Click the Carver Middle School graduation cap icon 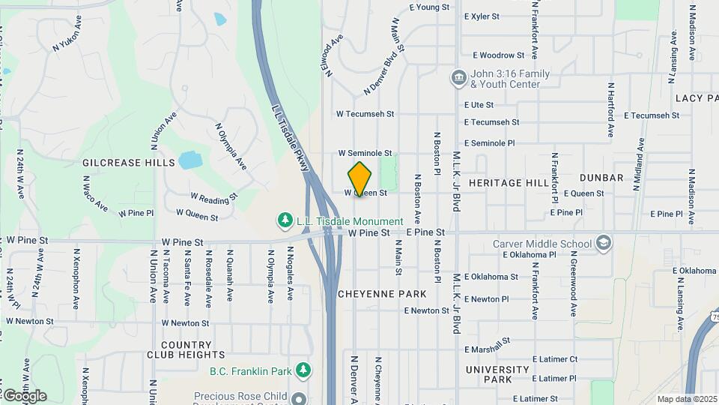tap(604, 244)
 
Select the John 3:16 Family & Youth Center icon tap(458, 78)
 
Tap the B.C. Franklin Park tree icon tap(303, 370)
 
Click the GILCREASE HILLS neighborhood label tap(128, 163)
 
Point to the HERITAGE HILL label tap(509, 183)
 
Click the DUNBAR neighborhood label tap(601, 178)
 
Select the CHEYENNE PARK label tap(382, 294)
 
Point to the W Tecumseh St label tap(365, 114)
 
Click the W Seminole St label tap(365, 153)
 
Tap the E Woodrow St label tap(499, 55)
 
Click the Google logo tap(24, 396)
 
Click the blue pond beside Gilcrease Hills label tap(190, 160)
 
